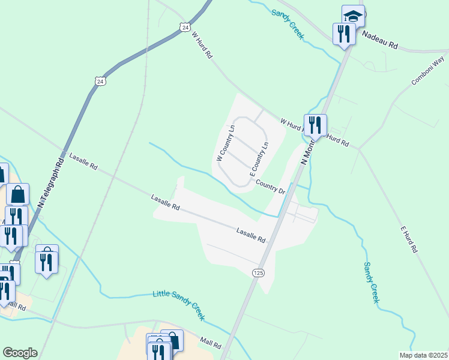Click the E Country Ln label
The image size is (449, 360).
(x=259, y=158)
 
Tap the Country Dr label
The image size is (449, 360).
(x=270, y=186)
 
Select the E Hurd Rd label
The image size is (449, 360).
(x=408, y=239)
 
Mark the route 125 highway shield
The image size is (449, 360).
(x=258, y=273)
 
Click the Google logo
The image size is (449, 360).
(x=20, y=353)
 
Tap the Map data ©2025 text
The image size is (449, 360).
(x=427, y=355)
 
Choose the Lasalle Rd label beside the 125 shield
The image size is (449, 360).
(x=250, y=235)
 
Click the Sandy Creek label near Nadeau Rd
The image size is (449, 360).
(x=288, y=23)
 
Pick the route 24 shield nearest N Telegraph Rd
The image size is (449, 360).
(x=100, y=80)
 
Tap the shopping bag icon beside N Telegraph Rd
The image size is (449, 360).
(x=18, y=194)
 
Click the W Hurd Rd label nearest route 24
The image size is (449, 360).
(x=202, y=45)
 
